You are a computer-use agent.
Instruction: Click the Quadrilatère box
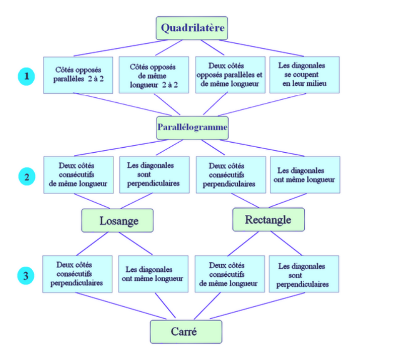pyautogui.click(x=191, y=28)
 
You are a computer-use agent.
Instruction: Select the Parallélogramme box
pyautogui.click(x=192, y=128)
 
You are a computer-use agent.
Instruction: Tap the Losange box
pyautogui.click(x=117, y=221)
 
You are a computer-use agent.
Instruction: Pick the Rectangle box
pyautogui.click(x=268, y=220)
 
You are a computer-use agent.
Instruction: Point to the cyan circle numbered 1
pyautogui.click(x=27, y=77)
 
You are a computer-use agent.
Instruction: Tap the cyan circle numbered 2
pyautogui.click(x=27, y=176)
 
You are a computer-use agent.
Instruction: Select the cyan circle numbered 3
pyautogui.click(x=27, y=276)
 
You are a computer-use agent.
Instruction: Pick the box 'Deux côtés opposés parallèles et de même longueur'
pyautogui.click(x=229, y=75)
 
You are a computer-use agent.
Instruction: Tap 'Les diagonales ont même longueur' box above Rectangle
pyautogui.click(x=305, y=174)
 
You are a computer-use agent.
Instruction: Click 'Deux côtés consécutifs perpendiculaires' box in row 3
pyautogui.click(x=77, y=274)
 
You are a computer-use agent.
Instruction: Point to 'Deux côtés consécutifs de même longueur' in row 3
pyautogui.click(x=229, y=274)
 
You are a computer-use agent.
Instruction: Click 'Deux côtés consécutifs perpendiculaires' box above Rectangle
pyautogui.click(x=230, y=174)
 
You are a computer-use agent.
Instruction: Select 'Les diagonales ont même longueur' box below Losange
pyautogui.click(x=153, y=274)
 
